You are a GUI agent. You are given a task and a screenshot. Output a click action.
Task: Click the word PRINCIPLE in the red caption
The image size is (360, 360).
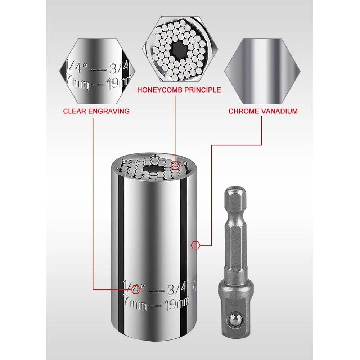point(203,90)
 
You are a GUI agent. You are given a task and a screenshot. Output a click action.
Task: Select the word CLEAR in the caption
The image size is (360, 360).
point(75,111)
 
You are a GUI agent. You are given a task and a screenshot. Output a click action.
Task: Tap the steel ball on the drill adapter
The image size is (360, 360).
point(234,320)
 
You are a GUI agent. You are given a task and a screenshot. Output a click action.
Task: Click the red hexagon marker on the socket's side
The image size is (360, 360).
point(195,245)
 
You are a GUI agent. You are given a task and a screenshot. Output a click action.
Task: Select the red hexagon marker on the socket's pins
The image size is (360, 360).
point(175,166)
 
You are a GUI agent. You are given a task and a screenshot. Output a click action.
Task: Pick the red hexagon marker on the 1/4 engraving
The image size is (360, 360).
point(136,290)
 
